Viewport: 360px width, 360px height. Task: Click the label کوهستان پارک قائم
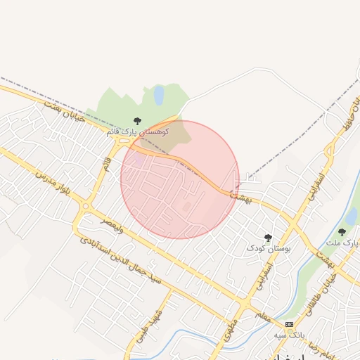click(138, 131)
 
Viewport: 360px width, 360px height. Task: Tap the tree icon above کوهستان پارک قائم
click(137, 122)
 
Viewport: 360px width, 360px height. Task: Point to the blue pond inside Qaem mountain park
click(159, 94)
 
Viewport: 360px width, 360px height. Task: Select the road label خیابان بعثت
click(63, 112)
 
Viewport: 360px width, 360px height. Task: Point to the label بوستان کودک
click(267, 248)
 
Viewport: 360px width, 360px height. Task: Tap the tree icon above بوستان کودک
click(267, 238)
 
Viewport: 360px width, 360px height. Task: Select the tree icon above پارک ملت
click(342, 232)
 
